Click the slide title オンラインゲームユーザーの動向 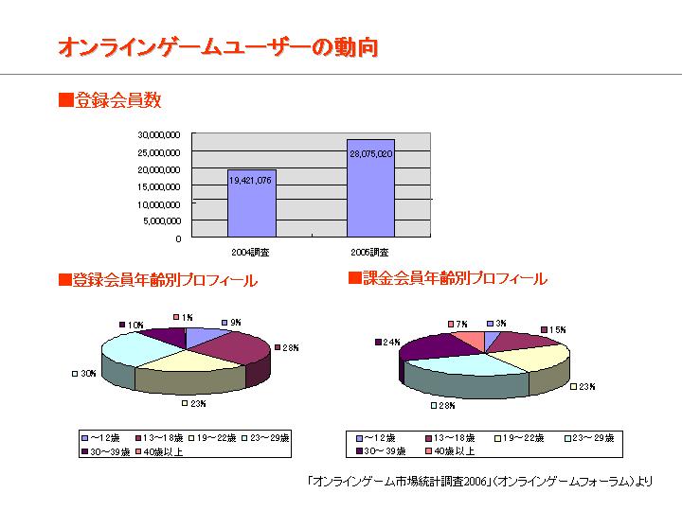pos(219,46)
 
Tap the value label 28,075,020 pos(370,153)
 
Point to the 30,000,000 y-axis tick pos(159,134)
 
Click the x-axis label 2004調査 pos(250,253)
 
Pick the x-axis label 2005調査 pos(369,253)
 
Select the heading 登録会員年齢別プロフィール pos(158,280)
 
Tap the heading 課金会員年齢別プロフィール pos(448,279)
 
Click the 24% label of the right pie pos(390,342)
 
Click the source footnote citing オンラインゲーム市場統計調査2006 pos(480,481)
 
